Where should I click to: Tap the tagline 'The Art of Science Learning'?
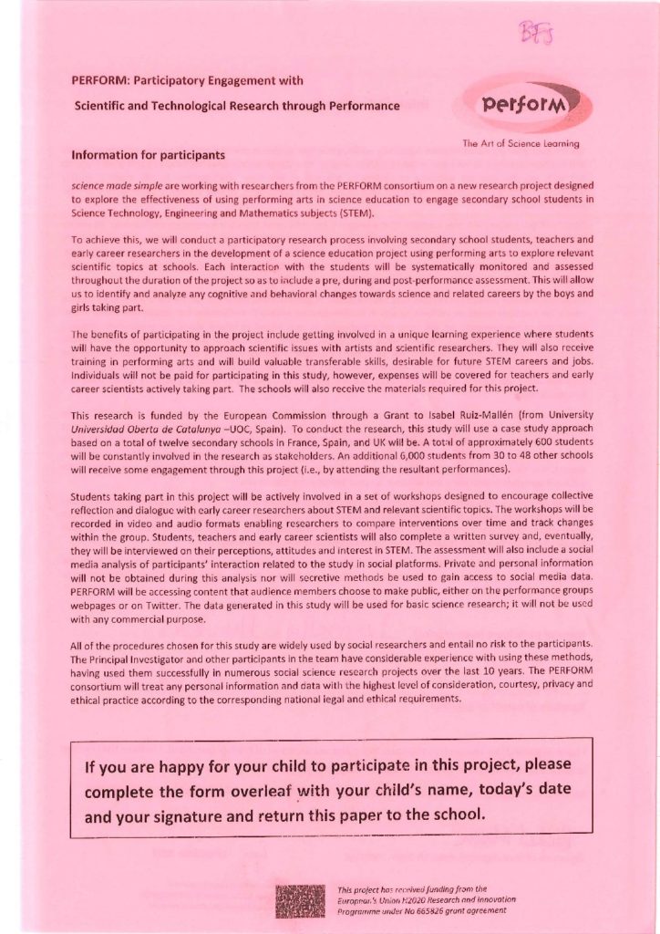[521, 143]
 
